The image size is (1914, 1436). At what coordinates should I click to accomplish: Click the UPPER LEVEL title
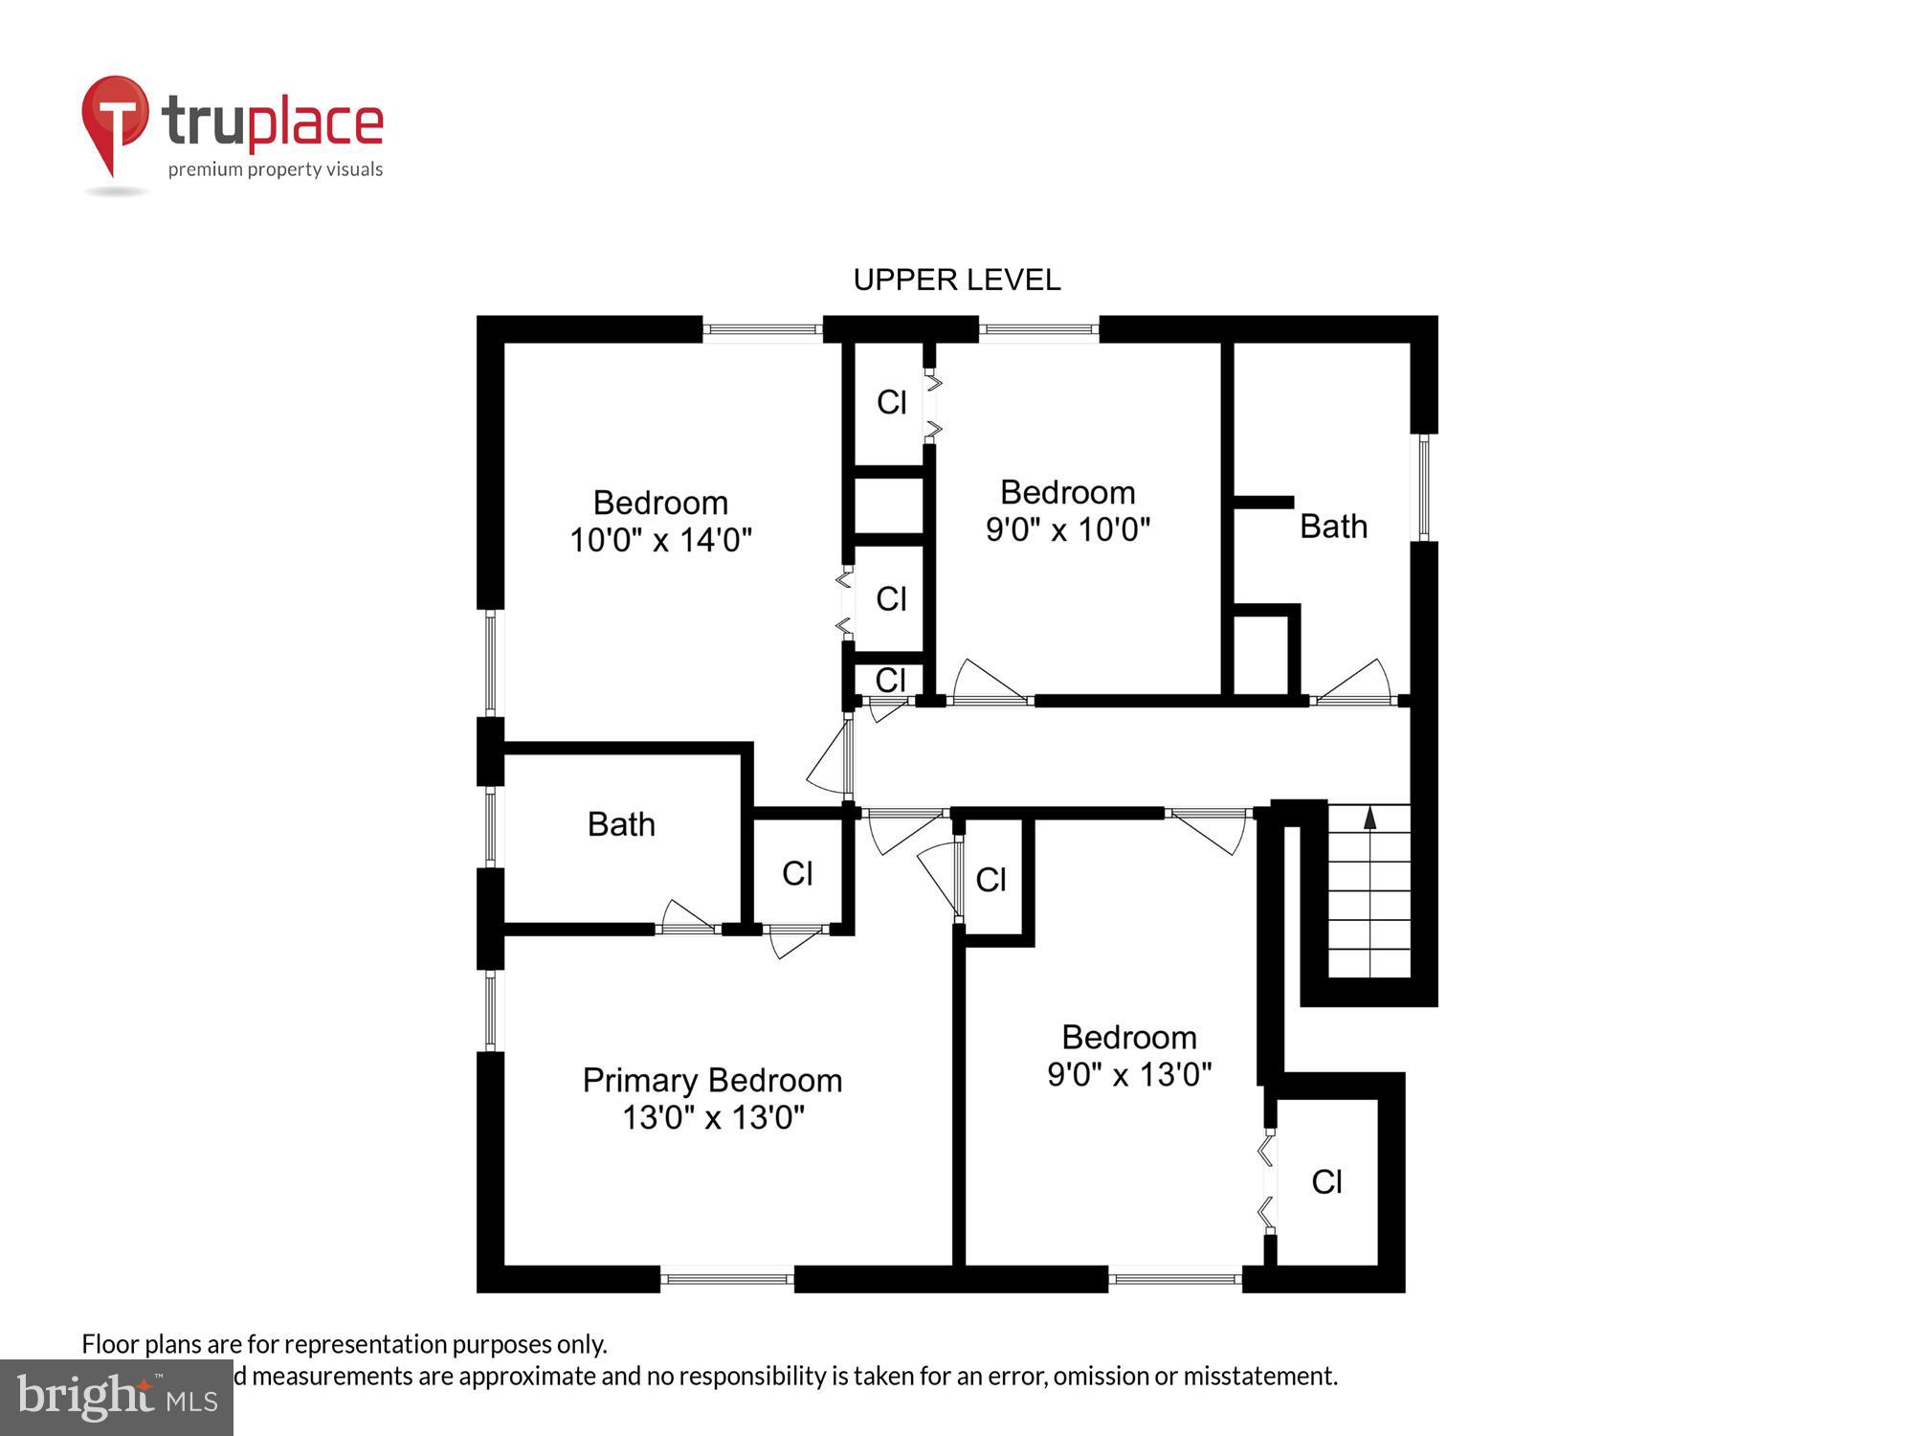tap(956, 280)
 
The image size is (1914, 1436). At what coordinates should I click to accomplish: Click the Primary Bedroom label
tap(712, 1081)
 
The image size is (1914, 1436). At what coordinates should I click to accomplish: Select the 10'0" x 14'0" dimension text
tap(660, 541)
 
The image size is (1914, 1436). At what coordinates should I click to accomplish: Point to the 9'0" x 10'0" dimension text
tap(1067, 529)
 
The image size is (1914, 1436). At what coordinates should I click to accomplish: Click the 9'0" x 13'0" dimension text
tap(1128, 1075)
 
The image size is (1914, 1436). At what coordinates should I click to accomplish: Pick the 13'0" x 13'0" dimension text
tap(713, 1118)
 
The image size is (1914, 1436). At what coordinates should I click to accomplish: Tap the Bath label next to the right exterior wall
tap(1332, 527)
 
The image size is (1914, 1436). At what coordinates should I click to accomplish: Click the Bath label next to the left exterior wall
tap(621, 824)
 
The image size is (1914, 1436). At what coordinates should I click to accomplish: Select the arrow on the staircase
tap(1369, 819)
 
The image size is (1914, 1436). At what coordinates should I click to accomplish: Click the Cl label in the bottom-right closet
tap(1326, 1182)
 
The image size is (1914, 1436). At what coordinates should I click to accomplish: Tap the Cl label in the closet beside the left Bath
tap(797, 873)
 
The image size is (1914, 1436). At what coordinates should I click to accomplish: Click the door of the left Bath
tap(687, 917)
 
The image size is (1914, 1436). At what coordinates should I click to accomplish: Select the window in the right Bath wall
tap(1423, 487)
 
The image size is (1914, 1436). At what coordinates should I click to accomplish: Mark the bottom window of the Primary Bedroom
tap(726, 1278)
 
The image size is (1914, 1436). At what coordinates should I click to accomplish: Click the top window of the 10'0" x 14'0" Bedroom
tap(763, 329)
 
